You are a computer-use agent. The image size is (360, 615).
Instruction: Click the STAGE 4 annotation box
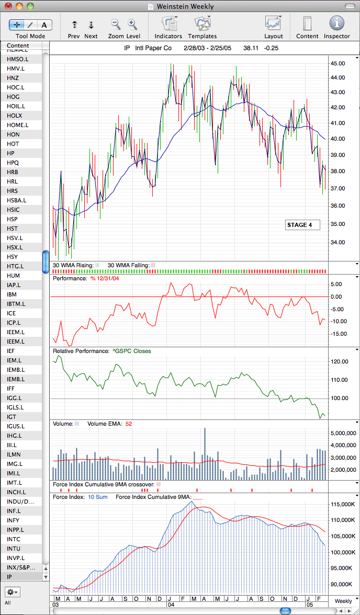pos(302,225)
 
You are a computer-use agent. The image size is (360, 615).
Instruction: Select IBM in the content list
pos(12,294)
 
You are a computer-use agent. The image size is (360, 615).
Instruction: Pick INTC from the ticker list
pos(14,539)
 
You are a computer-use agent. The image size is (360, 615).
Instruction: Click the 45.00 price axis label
pos(338,63)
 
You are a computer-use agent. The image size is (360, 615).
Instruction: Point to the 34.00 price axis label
pos(338,242)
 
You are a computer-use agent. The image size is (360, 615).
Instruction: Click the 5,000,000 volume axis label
pos(343,433)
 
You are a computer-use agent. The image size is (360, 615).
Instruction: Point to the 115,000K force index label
pos(343,504)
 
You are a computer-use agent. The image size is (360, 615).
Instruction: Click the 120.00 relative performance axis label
pos(340,362)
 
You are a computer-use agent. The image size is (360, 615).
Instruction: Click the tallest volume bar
pos(205,454)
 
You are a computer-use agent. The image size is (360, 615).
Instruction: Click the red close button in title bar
pos(9,6)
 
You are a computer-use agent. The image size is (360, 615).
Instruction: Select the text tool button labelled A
pos(44,25)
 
